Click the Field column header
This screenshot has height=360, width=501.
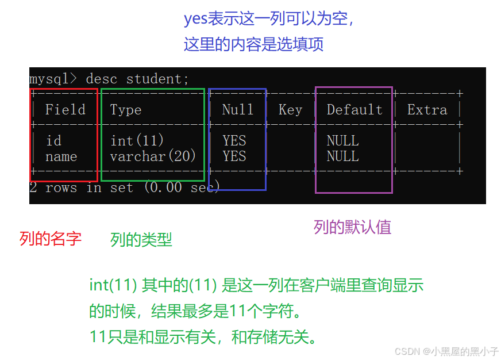point(65,110)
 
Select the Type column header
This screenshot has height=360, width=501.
point(126,110)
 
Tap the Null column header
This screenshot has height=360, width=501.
point(238,110)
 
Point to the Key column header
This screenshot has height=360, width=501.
point(290,110)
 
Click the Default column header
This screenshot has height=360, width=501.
point(354,110)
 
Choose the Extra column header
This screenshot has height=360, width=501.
point(427,110)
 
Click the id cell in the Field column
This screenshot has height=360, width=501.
point(53,141)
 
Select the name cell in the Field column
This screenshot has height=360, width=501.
point(61,156)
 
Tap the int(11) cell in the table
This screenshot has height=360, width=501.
point(137,141)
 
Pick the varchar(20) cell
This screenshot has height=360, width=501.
point(153,156)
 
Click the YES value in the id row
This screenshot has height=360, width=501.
point(234,141)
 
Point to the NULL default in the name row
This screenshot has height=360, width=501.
point(342,156)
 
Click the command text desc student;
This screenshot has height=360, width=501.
point(137,79)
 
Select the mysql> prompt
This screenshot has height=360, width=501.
point(53,79)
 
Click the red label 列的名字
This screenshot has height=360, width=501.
point(51,239)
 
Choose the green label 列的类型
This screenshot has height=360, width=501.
point(141,240)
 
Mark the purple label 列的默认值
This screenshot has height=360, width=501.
point(352,227)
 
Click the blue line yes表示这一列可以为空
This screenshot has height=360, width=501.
point(269,19)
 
